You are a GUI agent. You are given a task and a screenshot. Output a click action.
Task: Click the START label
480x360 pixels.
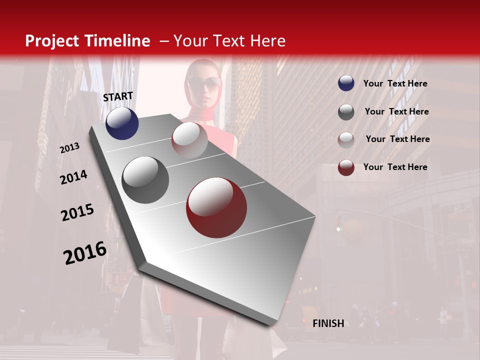pyautogui.click(x=118, y=96)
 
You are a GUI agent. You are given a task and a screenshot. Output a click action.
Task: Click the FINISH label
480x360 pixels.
pyautogui.click(x=328, y=323)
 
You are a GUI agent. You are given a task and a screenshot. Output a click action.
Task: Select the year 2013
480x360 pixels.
pyautogui.click(x=69, y=148)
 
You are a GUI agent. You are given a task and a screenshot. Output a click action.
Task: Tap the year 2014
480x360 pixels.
pyautogui.click(x=73, y=177)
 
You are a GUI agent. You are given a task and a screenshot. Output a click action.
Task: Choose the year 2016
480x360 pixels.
pyautogui.click(x=85, y=253)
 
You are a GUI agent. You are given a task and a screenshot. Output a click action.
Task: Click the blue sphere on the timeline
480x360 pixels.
pyautogui.click(x=122, y=123)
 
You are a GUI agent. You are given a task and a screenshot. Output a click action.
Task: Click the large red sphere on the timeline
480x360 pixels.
pyautogui.click(x=216, y=207)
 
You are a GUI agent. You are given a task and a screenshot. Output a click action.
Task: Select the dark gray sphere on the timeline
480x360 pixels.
pyautogui.click(x=145, y=180)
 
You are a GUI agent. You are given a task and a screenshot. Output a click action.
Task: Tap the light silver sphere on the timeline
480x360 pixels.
pyautogui.click(x=189, y=140)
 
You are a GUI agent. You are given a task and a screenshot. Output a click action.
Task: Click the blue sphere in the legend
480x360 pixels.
pyautogui.click(x=346, y=83)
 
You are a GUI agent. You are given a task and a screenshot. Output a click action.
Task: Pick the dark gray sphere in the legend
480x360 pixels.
pyautogui.click(x=346, y=112)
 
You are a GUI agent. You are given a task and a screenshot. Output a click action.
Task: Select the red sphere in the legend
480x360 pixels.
pyautogui.click(x=346, y=167)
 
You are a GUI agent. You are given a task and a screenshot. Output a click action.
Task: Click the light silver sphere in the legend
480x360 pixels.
pyautogui.click(x=346, y=139)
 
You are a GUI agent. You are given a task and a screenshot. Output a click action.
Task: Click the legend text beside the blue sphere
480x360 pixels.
pyautogui.click(x=395, y=83)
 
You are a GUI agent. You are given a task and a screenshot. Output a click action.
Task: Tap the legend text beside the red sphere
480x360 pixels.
pyautogui.click(x=395, y=167)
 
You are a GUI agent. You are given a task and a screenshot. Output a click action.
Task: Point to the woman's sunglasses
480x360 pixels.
pyautogui.click(x=204, y=83)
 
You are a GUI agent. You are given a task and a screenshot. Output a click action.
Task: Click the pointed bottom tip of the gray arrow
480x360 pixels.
pyautogui.click(x=272, y=324)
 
